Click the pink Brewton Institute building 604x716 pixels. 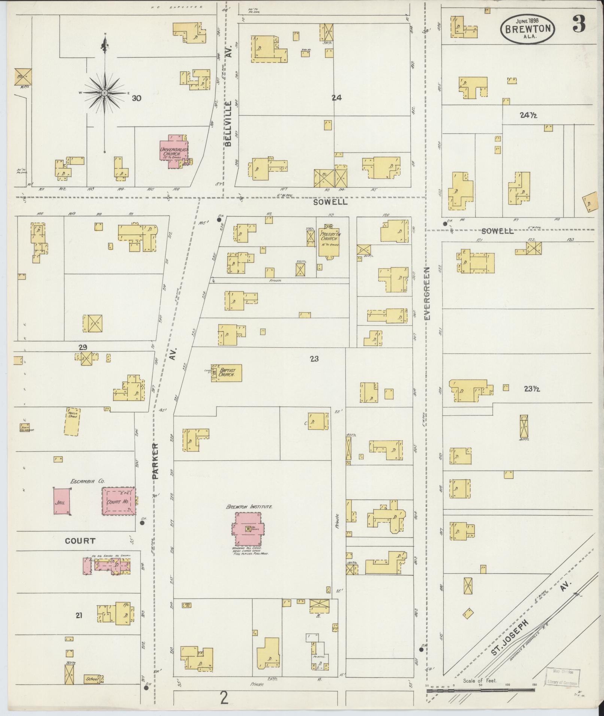(x=248, y=529)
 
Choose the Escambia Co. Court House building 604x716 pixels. (x=118, y=501)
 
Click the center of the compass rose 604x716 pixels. (x=105, y=92)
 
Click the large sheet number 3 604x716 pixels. (x=578, y=25)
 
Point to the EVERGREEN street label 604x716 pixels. (x=428, y=293)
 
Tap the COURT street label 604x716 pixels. (x=80, y=541)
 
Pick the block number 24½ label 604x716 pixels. (x=528, y=115)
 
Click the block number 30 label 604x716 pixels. (x=136, y=98)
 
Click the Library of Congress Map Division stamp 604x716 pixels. (x=562, y=676)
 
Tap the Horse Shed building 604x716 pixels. (x=72, y=421)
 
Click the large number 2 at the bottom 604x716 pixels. (x=224, y=698)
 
